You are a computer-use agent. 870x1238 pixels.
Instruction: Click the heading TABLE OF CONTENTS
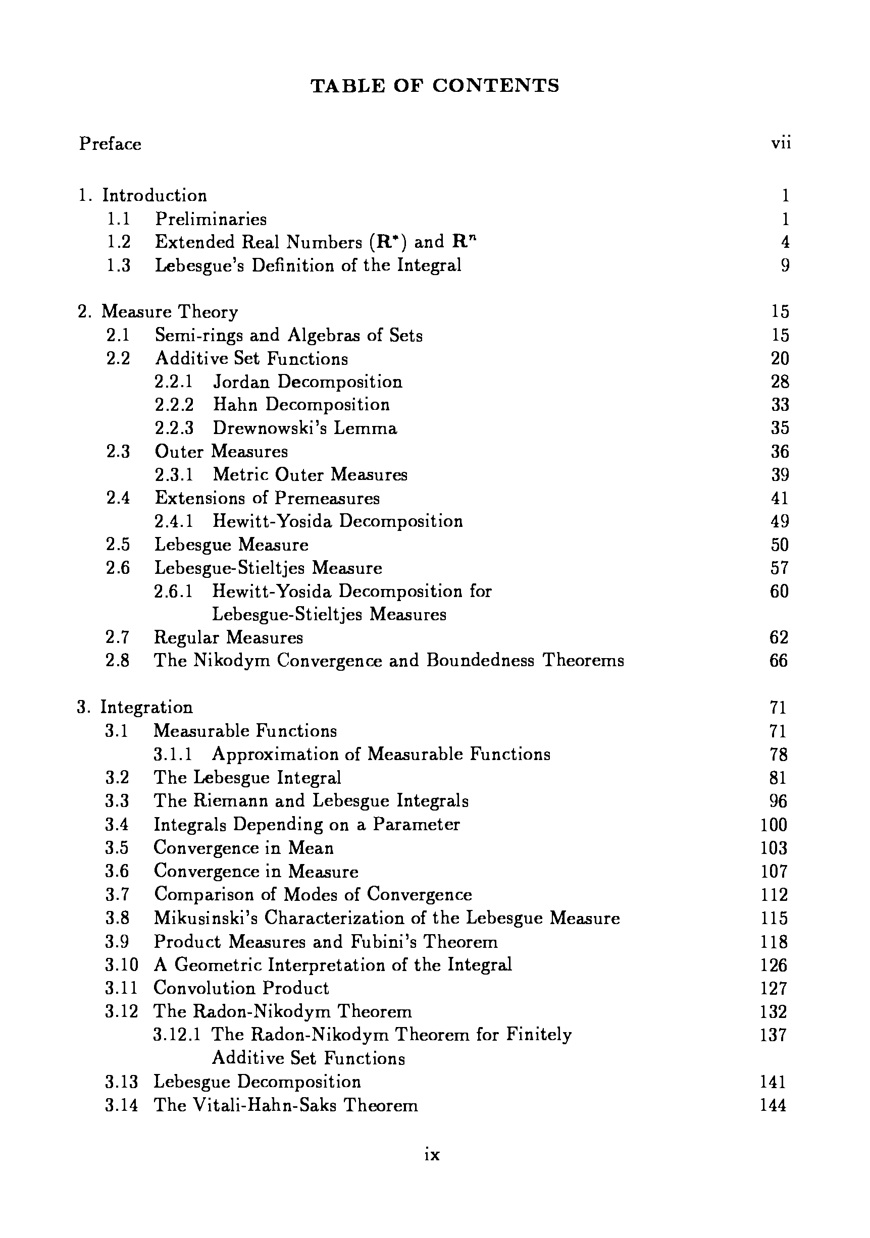pyautogui.click(x=435, y=86)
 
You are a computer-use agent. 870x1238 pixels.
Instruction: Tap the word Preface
pyautogui.click(x=110, y=144)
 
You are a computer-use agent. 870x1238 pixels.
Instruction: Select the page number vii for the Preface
pyautogui.click(x=781, y=143)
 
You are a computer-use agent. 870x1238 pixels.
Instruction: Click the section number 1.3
pyautogui.click(x=119, y=265)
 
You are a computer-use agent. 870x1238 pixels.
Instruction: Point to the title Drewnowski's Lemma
pyautogui.click(x=305, y=428)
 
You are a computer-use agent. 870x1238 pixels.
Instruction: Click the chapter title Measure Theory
pyautogui.click(x=169, y=312)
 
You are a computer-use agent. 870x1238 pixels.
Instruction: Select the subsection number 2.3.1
pyautogui.click(x=174, y=474)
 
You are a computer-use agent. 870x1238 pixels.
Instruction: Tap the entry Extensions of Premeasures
pyautogui.click(x=267, y=498)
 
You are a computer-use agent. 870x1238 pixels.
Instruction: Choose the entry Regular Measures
pyautogui.click(x=228, y=638)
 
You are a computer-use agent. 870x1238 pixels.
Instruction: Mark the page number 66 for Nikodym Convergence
pyautogui.click(x=779, y=661)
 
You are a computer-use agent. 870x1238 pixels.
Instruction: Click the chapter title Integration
pyautogui.click(x=146, y=708)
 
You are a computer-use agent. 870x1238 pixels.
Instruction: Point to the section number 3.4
pyautogui.click(x=117, y=825)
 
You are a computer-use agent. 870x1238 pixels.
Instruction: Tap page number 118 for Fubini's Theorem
pyautogui.click(x=774, y=941)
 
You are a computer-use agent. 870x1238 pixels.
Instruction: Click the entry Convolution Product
pyautogui.click(x=241, y=988)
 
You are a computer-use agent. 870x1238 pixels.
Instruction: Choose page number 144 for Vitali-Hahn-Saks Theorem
pyautogui.click(x=773, y=1105)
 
